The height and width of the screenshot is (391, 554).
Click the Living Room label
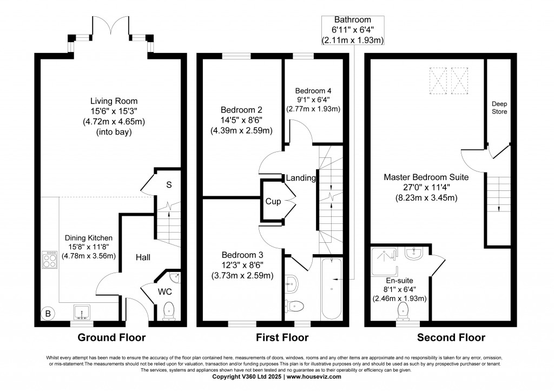click(x=114, y=101)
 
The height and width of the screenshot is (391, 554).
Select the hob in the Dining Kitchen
click(x=49, y=260)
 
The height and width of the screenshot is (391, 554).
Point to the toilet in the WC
click(x=168, y=310)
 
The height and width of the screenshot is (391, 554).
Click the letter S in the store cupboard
click(x=169, y=185)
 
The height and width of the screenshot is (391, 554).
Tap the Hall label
click(x=143, y=258)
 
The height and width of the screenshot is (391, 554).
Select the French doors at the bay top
click(x=111, y=25)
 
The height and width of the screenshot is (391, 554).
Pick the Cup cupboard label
click(x=273, y=201)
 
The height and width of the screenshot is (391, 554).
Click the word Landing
click(x=301, y=178)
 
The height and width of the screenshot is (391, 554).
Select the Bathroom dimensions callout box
click(x=352, y=29)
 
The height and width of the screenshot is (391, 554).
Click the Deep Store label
click(x=499, y=107)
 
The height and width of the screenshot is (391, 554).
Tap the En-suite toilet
click(x=404, y=311)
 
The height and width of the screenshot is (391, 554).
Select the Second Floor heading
click(x=451, y=338)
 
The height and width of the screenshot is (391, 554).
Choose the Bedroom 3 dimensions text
click(x=242, y=275)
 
